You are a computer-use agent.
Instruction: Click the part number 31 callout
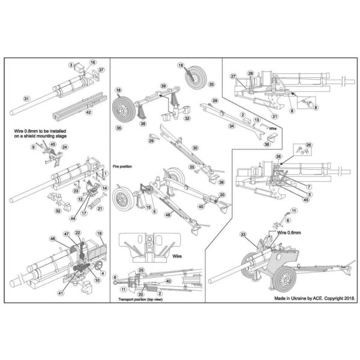coord(26,98)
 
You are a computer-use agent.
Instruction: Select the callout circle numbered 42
coord(88,112)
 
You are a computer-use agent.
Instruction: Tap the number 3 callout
coord(71,65)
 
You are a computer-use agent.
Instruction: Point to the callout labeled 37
coord(101,70)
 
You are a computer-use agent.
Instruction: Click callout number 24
coord(65,148)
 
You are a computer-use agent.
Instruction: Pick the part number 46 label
coord(53,239)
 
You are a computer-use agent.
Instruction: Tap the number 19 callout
coord(100,232)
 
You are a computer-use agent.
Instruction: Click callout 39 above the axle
coord(163,87)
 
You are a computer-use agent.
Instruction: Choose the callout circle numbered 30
coord(194,148)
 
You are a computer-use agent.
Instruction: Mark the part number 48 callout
coord(167,215)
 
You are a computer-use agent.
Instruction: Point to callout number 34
coord(214,127)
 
